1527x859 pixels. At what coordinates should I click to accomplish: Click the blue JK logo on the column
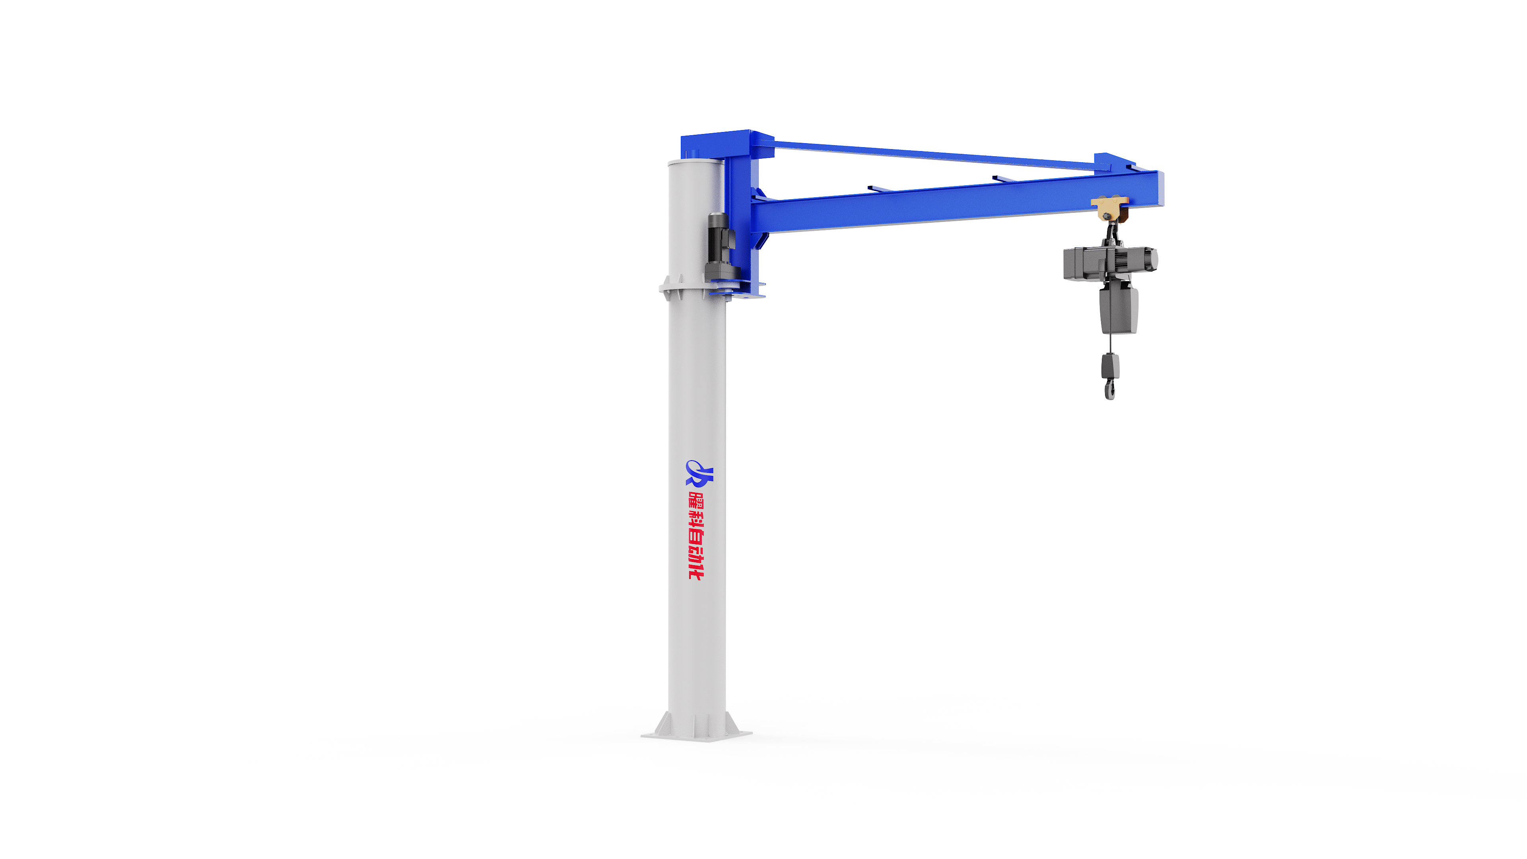pyautogui.click(x=699, y=472)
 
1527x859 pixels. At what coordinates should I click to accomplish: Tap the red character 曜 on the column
pyautogui.click(x=697, y=499)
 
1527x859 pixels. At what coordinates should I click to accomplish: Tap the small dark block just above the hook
pyautogui.click(x=1110, y=366)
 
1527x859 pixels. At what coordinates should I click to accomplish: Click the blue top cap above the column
pyautogui.click(x=727, y=144)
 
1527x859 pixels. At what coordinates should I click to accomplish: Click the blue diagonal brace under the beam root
pyautogui.click(x=761, y=241)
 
